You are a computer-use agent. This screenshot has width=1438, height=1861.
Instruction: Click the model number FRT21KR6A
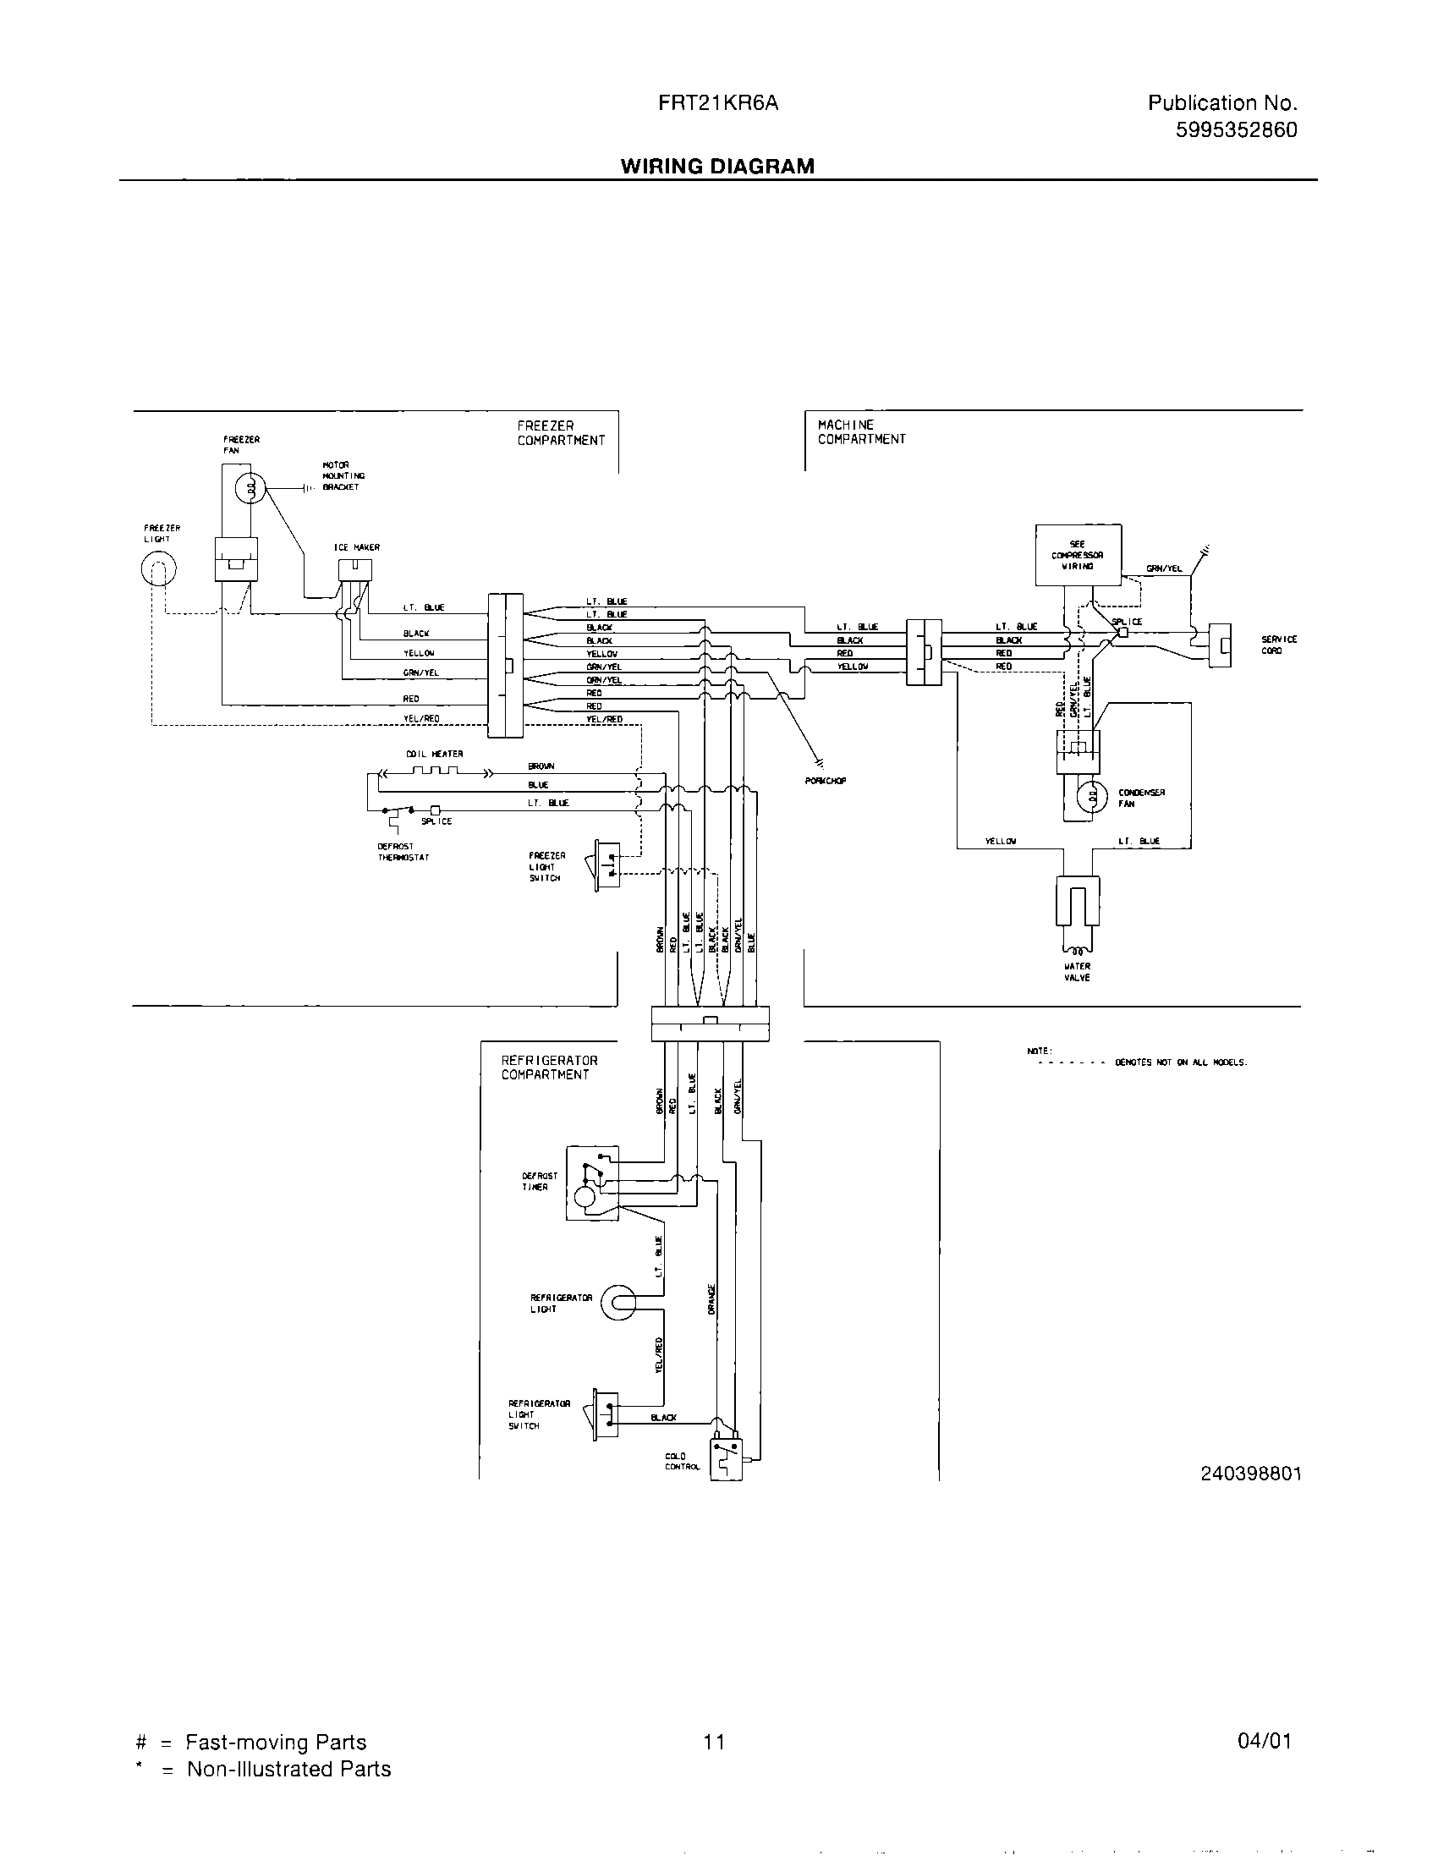[717, 103]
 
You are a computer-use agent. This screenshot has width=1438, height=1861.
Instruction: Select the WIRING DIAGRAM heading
[717, 166]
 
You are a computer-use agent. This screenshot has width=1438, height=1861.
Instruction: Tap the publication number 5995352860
[1235, 130]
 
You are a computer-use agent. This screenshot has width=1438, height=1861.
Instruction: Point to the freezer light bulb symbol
[158, 568]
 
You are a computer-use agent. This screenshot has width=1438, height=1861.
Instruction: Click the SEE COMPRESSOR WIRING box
[1078, 555]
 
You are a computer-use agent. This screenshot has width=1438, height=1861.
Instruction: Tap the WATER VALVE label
[1077, 972]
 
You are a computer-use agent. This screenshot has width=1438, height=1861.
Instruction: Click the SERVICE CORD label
[1279, 645]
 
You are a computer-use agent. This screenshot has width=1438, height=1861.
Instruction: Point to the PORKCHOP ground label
[826, 780]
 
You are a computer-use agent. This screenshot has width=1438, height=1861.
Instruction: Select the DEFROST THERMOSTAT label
[403, 852]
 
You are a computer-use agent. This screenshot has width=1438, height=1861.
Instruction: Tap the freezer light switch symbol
[606, 865]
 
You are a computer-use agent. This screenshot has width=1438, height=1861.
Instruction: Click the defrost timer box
[593, 1182]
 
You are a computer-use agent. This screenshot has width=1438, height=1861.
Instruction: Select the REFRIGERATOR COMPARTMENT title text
[550, 1068]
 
